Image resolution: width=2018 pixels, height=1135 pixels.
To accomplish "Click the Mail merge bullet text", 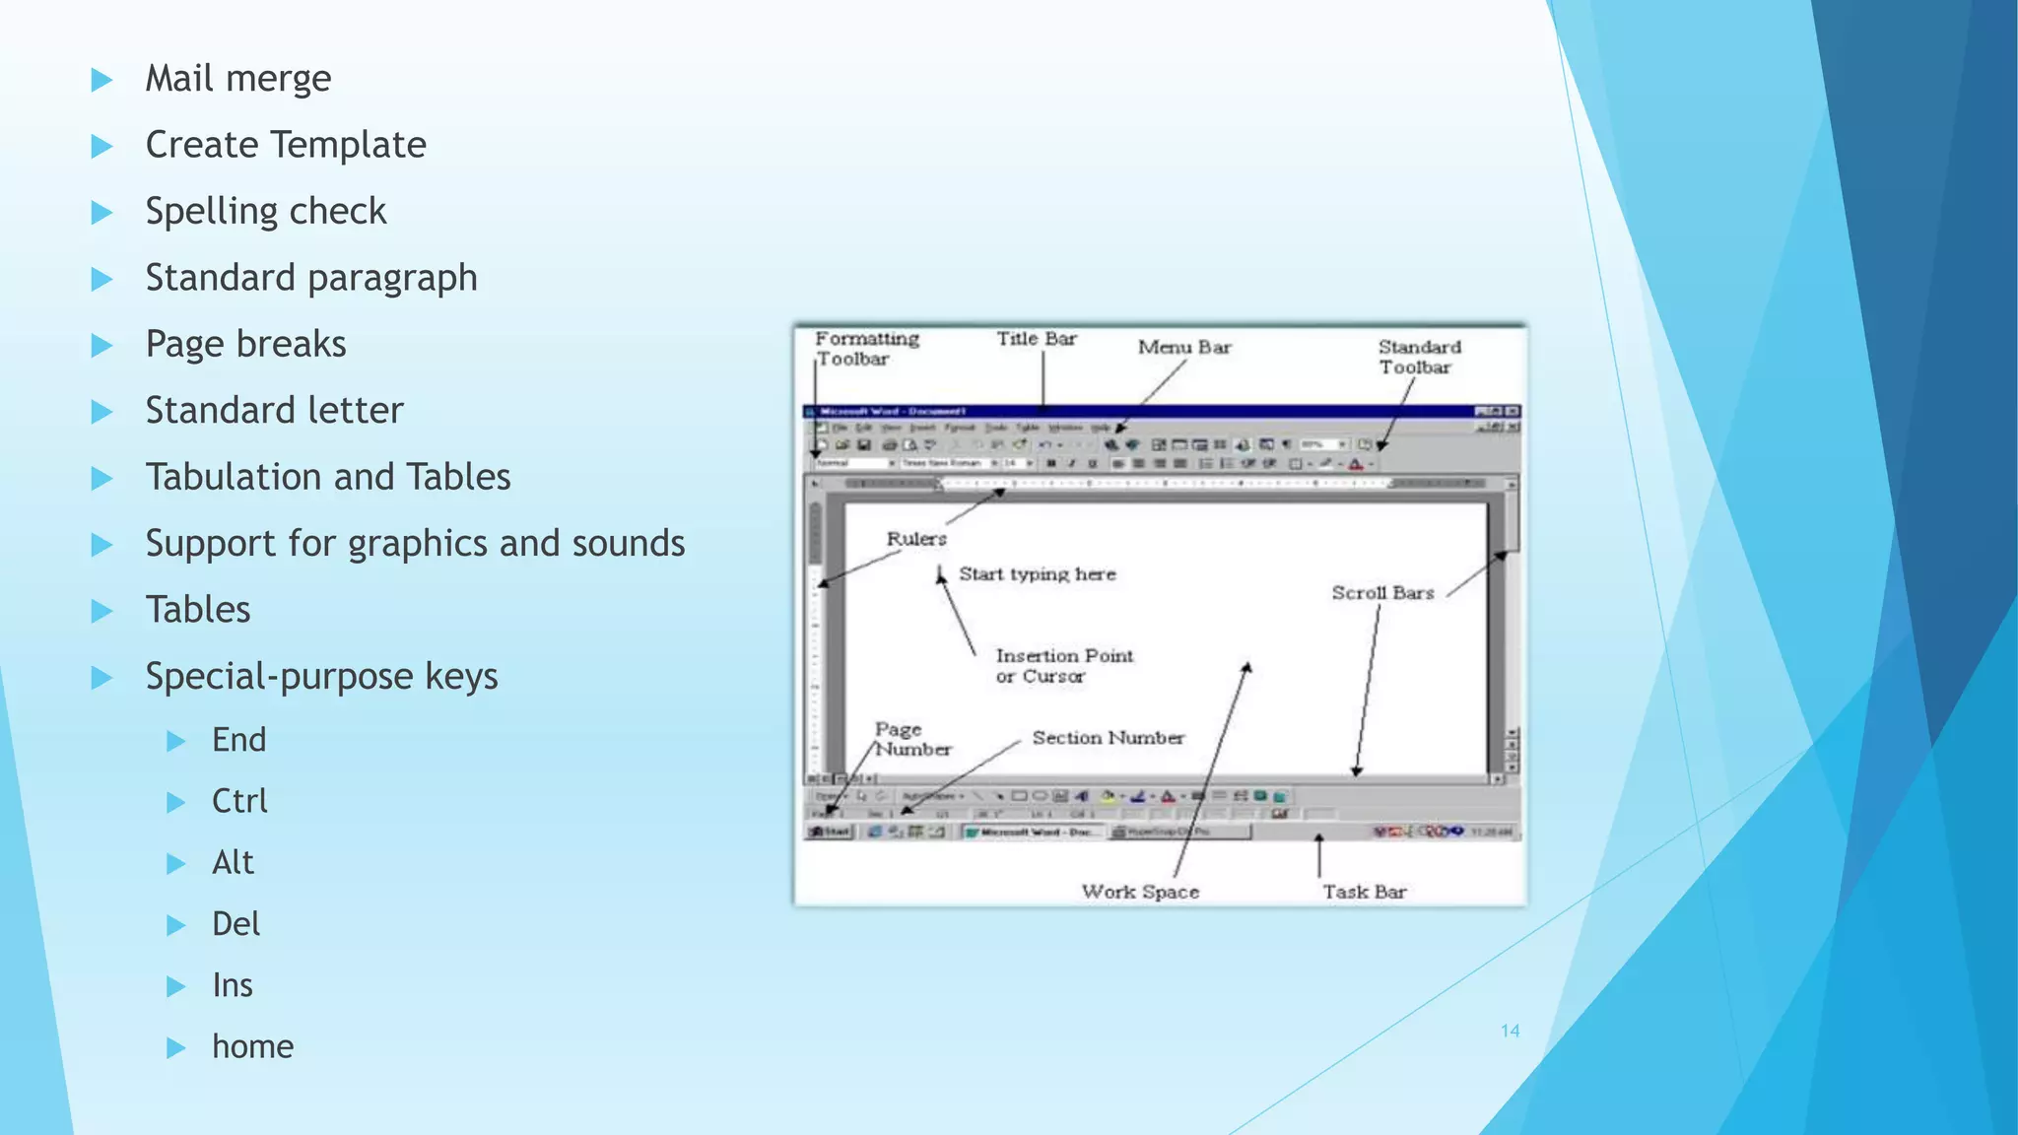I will (237, 79).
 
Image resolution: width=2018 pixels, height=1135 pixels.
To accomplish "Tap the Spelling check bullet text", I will (265, 212).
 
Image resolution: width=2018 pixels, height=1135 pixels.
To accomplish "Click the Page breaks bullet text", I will (245, 344).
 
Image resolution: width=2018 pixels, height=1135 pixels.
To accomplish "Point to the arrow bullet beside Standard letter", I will (101, 412).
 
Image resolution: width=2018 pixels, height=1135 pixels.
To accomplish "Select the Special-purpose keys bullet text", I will (321, 677).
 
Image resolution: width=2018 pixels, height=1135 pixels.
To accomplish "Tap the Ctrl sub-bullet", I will (239, 801).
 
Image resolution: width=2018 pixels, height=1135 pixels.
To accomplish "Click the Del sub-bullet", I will (235, 924).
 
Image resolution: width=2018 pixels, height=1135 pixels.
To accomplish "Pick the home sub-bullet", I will (252, 1046).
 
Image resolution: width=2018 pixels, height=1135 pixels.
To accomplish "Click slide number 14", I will (1510, 1031).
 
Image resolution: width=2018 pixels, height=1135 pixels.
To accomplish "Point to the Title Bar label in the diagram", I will (1036, 339).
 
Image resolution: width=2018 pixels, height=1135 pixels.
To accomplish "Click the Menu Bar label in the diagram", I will (1184, 347).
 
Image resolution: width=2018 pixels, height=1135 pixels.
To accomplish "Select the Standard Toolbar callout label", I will (1418, 357).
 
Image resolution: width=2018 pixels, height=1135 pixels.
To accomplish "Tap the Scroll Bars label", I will (1381, 593).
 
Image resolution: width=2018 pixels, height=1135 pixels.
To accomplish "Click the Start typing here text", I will (1037, 574).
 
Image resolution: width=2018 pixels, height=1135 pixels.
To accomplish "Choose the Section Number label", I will (1108, 738).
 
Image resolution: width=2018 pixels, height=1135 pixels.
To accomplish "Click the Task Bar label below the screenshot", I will (1364, 892).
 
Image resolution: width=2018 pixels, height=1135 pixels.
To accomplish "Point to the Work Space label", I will (1140, 892).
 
